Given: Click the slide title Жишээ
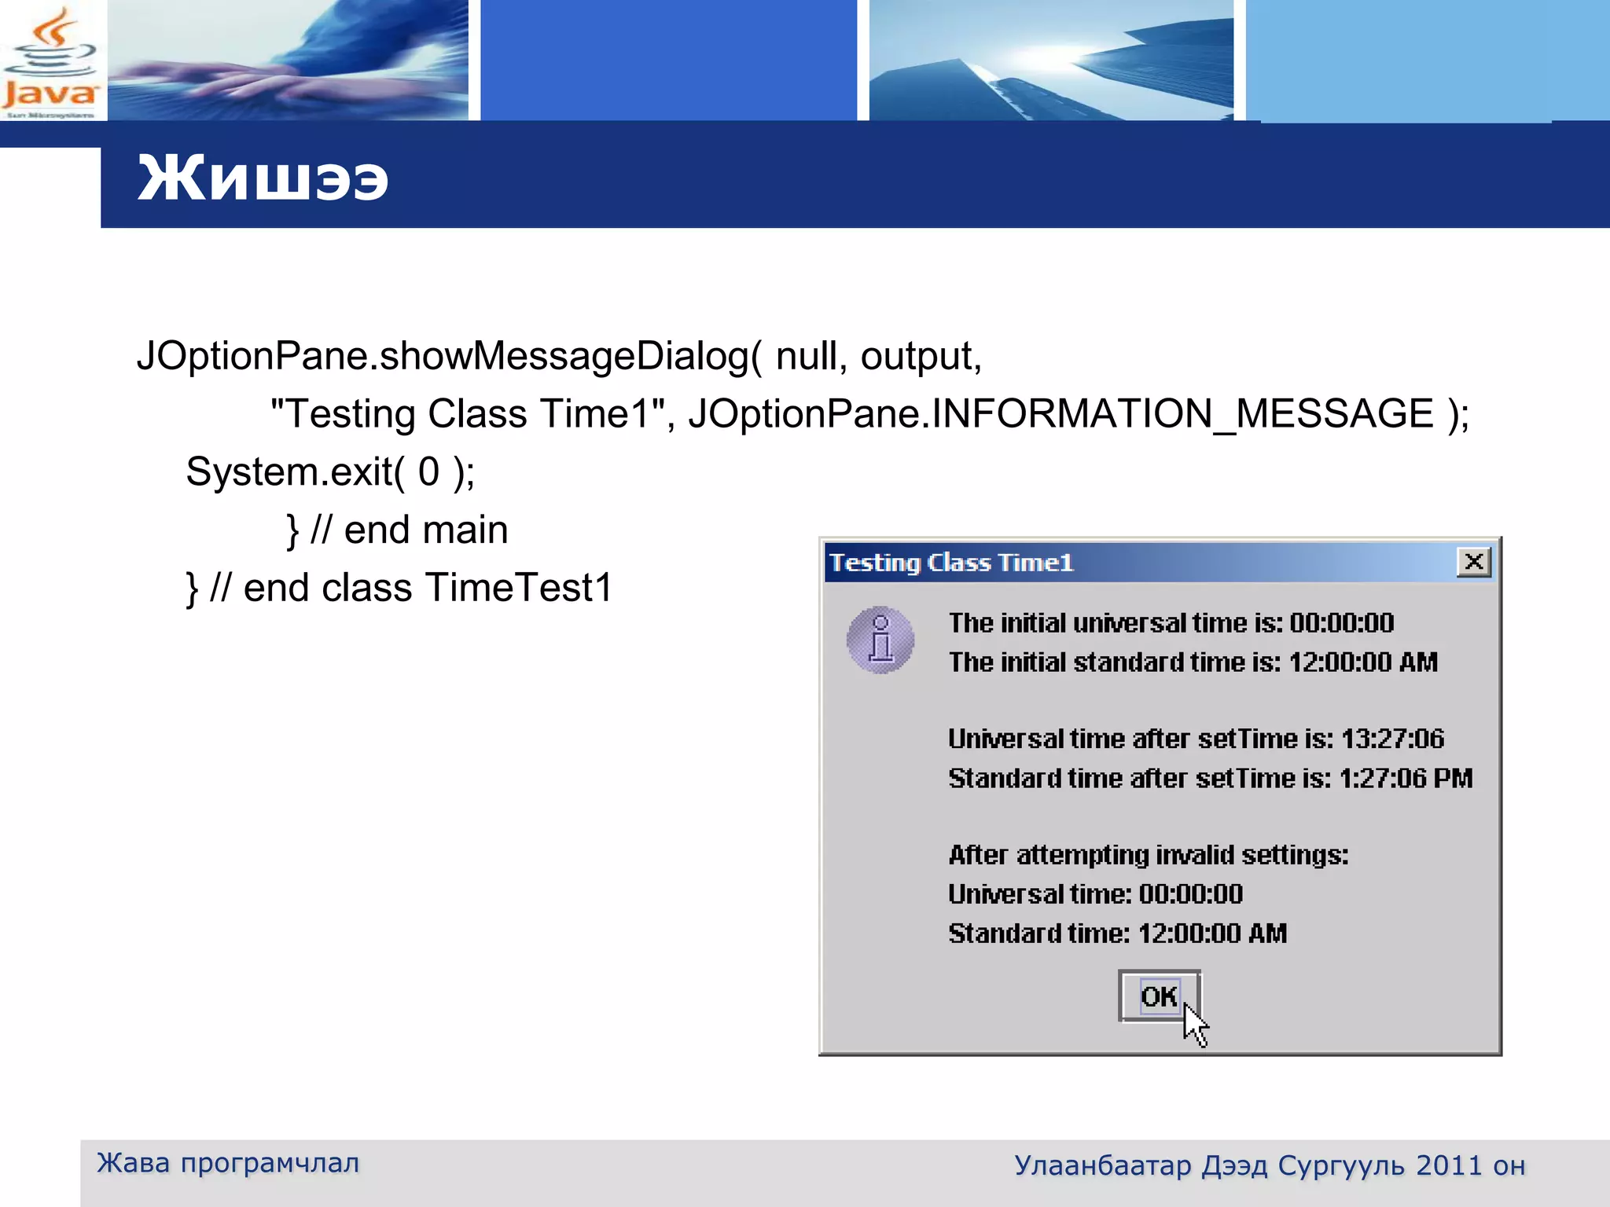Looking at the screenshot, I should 263,178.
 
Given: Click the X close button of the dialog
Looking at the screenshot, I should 1474,562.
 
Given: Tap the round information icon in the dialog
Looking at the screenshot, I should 880,640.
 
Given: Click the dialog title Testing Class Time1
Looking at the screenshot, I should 951,563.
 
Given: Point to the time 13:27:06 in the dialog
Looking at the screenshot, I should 1392,739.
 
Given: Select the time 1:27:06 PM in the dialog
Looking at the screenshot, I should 1406,778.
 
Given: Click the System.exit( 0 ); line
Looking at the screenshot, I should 330,471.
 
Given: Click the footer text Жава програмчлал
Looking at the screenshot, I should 228,1162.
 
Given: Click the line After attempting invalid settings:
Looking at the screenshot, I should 1148,854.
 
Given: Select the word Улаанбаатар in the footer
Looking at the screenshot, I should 1103,1165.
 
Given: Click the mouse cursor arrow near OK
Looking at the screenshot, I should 1195,1025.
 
